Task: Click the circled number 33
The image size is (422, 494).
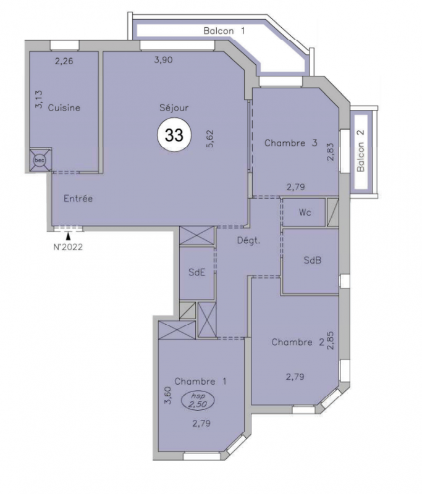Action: [174, 135]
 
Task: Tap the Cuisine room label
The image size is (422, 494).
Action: [64, 107]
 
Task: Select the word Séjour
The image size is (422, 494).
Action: [174, 107]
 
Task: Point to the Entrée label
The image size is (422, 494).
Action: [78, 198]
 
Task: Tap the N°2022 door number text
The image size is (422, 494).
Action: [68, 247]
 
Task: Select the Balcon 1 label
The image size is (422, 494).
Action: [224, 31]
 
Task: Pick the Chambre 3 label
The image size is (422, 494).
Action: [290, 143]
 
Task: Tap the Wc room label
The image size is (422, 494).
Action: [305, 212]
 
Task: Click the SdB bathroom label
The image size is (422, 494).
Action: [312, 260]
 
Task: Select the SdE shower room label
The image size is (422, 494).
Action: [197, 272]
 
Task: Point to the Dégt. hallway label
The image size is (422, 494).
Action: [248, 241]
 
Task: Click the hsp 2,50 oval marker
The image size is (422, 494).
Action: [198, 401]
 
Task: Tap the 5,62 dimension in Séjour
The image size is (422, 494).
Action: [210, 138]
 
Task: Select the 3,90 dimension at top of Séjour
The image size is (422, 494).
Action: [163, 59]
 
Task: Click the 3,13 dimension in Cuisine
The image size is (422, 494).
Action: [39, 99]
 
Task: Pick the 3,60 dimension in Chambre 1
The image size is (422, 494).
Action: [168, 395]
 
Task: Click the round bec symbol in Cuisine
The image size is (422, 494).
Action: [40, 161]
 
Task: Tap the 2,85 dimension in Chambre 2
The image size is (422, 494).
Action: [331, 341]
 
